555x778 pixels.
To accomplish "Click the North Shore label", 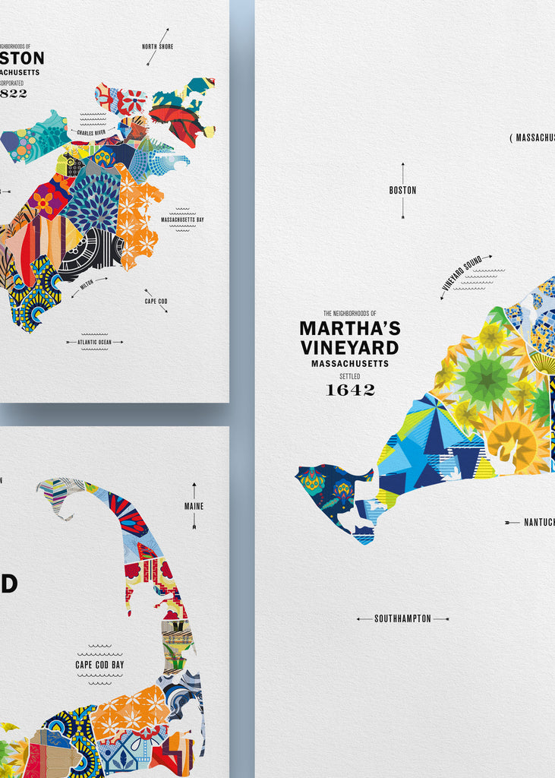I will (x=158, y=46).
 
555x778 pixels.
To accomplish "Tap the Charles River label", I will (x=93, y=132).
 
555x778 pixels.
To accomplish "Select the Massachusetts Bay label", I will (x=182, y=220).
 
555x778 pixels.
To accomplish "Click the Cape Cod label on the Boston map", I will (x=156, y=301).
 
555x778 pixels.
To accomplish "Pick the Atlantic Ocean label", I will (x=94, y=343).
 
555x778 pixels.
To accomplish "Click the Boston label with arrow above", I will (x=402, y=191).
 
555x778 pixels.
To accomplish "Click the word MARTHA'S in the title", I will (x=349, y=328).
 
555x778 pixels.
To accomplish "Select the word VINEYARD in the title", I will (x=349, y=348).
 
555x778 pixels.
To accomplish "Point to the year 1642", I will (x=350, y=390).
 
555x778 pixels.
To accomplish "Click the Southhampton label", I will (x=402, y=618).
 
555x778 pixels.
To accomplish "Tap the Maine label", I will (x=194, y=506).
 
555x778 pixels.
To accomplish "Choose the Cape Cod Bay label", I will (x=99, y=665).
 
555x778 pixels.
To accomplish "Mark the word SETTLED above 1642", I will (x=350, y=375).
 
